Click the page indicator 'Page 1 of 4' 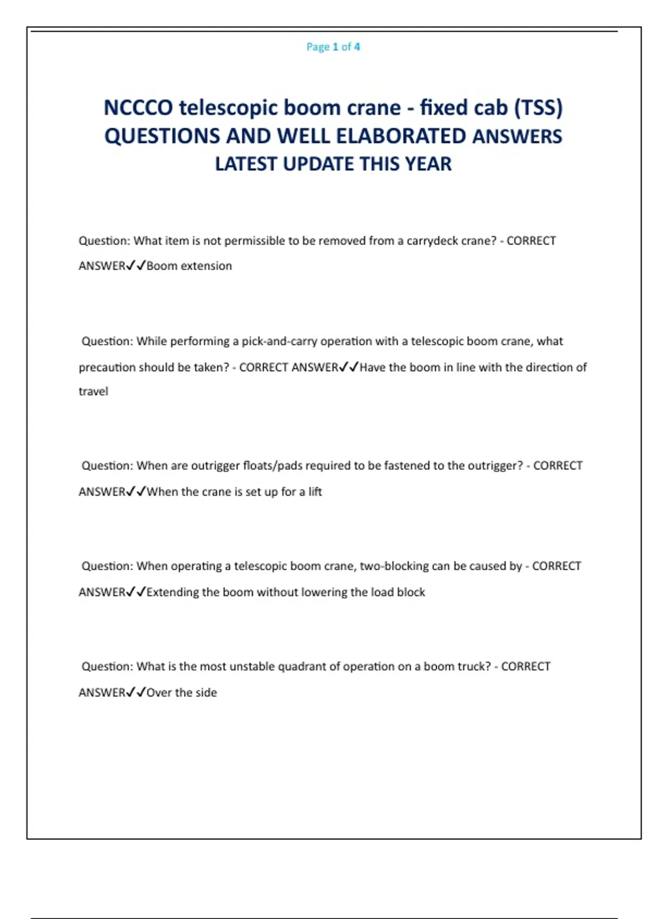333,47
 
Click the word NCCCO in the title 138,108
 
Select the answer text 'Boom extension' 189,266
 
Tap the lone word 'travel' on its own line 93,391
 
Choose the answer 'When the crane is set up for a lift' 234,492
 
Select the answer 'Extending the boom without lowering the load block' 286,592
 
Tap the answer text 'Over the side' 182,692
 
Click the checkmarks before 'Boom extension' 136,266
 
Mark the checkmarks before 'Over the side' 136,692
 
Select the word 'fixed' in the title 443,108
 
